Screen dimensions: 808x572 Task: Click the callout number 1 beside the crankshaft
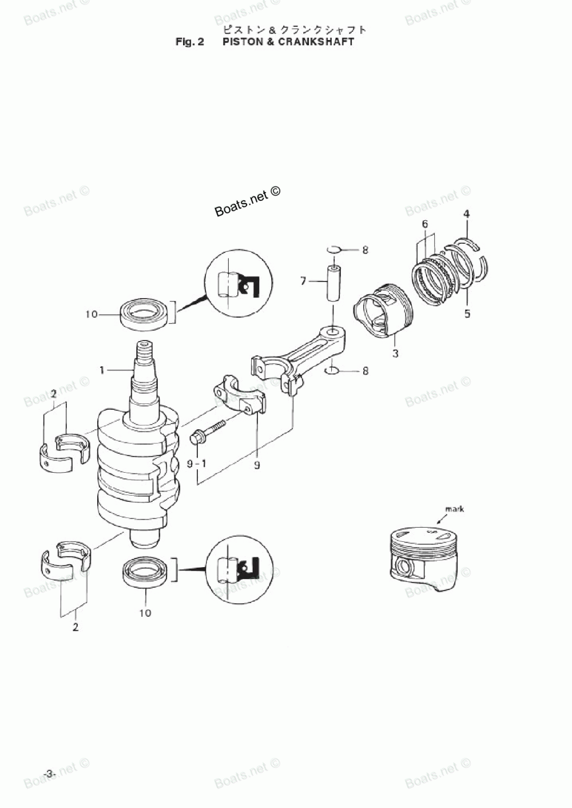coord(102,370)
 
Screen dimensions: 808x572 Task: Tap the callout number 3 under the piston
coord(395,354)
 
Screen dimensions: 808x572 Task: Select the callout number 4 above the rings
coord(467,214)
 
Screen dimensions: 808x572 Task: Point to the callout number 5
coord(467,314)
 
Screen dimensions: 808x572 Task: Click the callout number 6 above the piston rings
coord(425,224)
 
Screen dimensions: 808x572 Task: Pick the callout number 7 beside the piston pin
coord(304,281)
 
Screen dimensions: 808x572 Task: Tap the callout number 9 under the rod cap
coord(257,465)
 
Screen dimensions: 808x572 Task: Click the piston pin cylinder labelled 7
coord(333,282)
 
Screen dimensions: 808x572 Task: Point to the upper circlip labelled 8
coord(334,249)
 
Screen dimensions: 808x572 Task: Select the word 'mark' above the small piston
coord(455,509)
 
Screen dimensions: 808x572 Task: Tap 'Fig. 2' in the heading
coord(190,42)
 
